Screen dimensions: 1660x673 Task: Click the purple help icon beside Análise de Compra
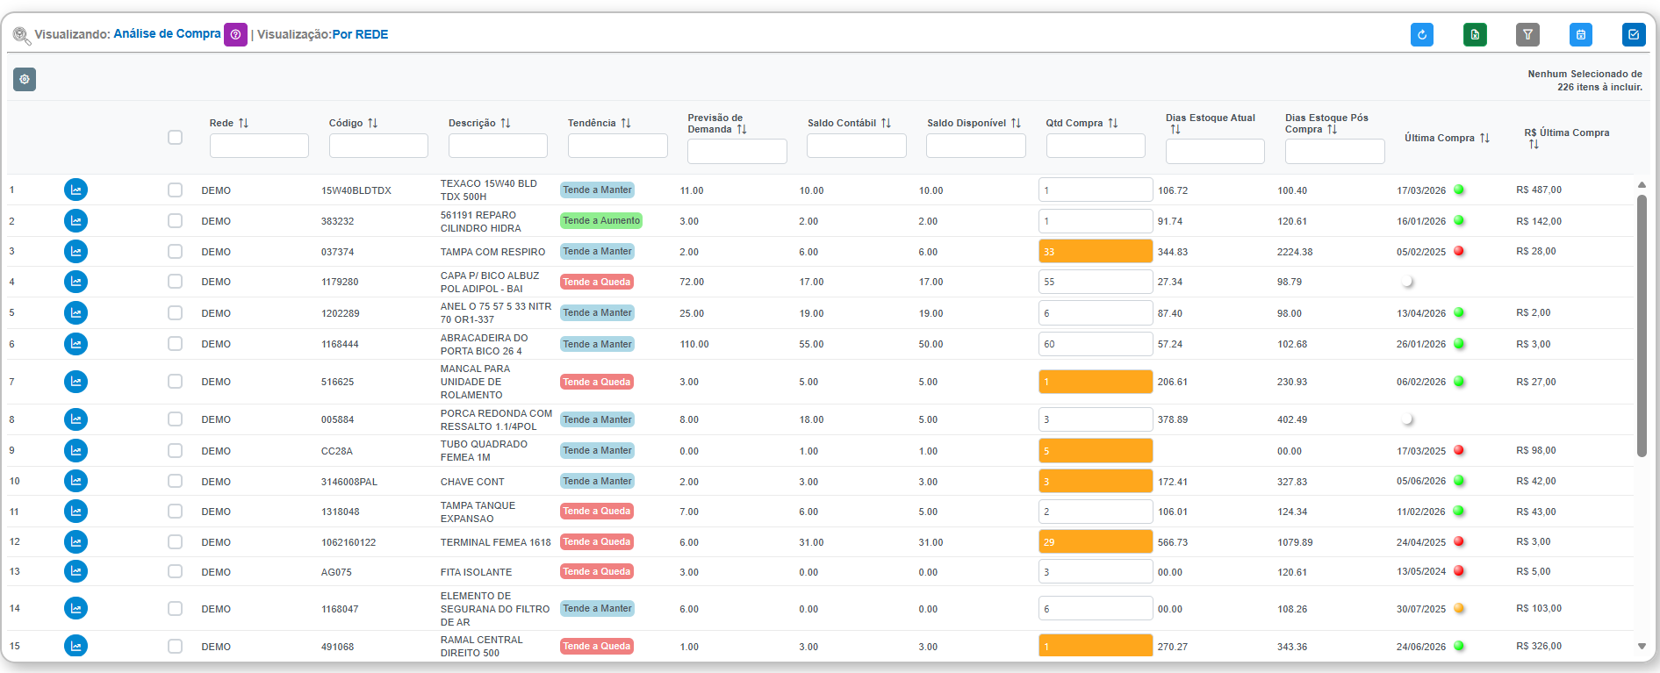pos(235,34)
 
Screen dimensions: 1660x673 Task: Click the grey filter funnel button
pos(1527,34)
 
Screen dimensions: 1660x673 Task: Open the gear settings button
pos(25,80)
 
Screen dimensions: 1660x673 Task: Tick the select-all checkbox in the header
pos(175,137)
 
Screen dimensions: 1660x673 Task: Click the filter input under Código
pos(378,146)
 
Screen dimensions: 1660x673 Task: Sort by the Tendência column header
pos(600,123)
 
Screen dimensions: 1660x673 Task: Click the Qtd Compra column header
pos(1082,123)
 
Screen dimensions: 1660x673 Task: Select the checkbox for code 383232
pos(175,221)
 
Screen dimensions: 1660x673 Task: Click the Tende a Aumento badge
pos(601,221)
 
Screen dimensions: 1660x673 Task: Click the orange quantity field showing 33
pos(1096,252)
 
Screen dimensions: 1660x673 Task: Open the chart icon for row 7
pos(76,382)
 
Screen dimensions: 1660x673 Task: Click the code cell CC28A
pos(337,451)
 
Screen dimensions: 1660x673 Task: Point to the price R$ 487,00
pos(1539,190)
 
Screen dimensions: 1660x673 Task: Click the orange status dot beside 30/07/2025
pos(1459,608)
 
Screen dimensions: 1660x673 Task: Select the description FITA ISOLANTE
pos(476,572)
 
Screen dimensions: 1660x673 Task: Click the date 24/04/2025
pos(1421,542)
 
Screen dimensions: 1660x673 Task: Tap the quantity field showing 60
pos(1096,344)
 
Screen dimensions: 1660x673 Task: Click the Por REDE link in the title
pos(360,34)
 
